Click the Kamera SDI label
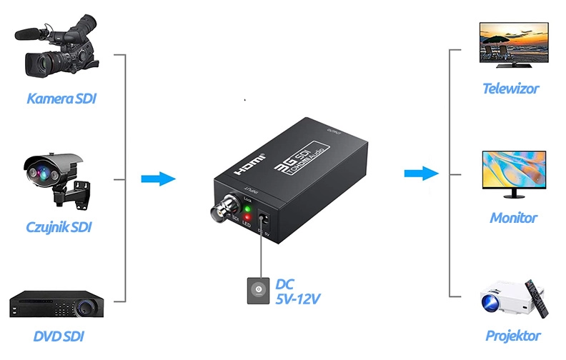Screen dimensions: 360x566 pos(61,98)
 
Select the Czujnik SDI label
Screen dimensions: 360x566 pos(59,227)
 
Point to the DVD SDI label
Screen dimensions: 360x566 pos(59,335)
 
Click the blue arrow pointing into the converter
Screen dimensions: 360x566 pos(157,179)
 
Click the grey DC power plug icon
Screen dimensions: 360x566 pos(258,291)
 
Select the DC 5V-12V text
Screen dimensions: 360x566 pos(297,291)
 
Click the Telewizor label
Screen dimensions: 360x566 pos(510,89)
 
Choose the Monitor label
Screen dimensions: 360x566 pos(513,218)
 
